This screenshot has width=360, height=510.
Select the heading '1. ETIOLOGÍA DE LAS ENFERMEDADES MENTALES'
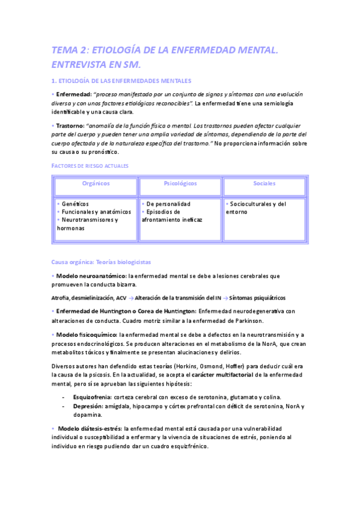pos(121,81)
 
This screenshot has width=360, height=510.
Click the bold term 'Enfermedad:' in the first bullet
pos(73,94)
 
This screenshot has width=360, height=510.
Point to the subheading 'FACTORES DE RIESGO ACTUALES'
pos(90,165)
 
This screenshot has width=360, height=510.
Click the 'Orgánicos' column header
pos(96,183)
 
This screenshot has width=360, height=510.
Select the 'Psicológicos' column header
pos(180,183)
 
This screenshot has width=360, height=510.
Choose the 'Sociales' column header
pos(264,183)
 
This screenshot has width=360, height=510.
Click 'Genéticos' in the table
pos(75,204)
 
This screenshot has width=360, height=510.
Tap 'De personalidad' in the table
pos(168,204)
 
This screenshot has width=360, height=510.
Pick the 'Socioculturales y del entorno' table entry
pos(256,207)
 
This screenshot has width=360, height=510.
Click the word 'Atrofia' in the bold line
pos(63,298)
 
